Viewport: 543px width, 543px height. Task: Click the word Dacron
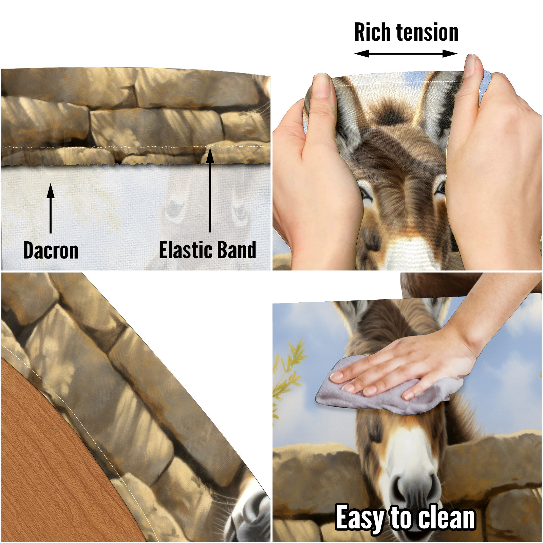click(51, 250)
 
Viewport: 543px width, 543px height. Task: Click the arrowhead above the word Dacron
click(51, 190)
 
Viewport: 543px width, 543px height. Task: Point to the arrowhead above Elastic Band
click(210, 155)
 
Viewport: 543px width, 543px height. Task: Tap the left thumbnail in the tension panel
click(322, 87)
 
